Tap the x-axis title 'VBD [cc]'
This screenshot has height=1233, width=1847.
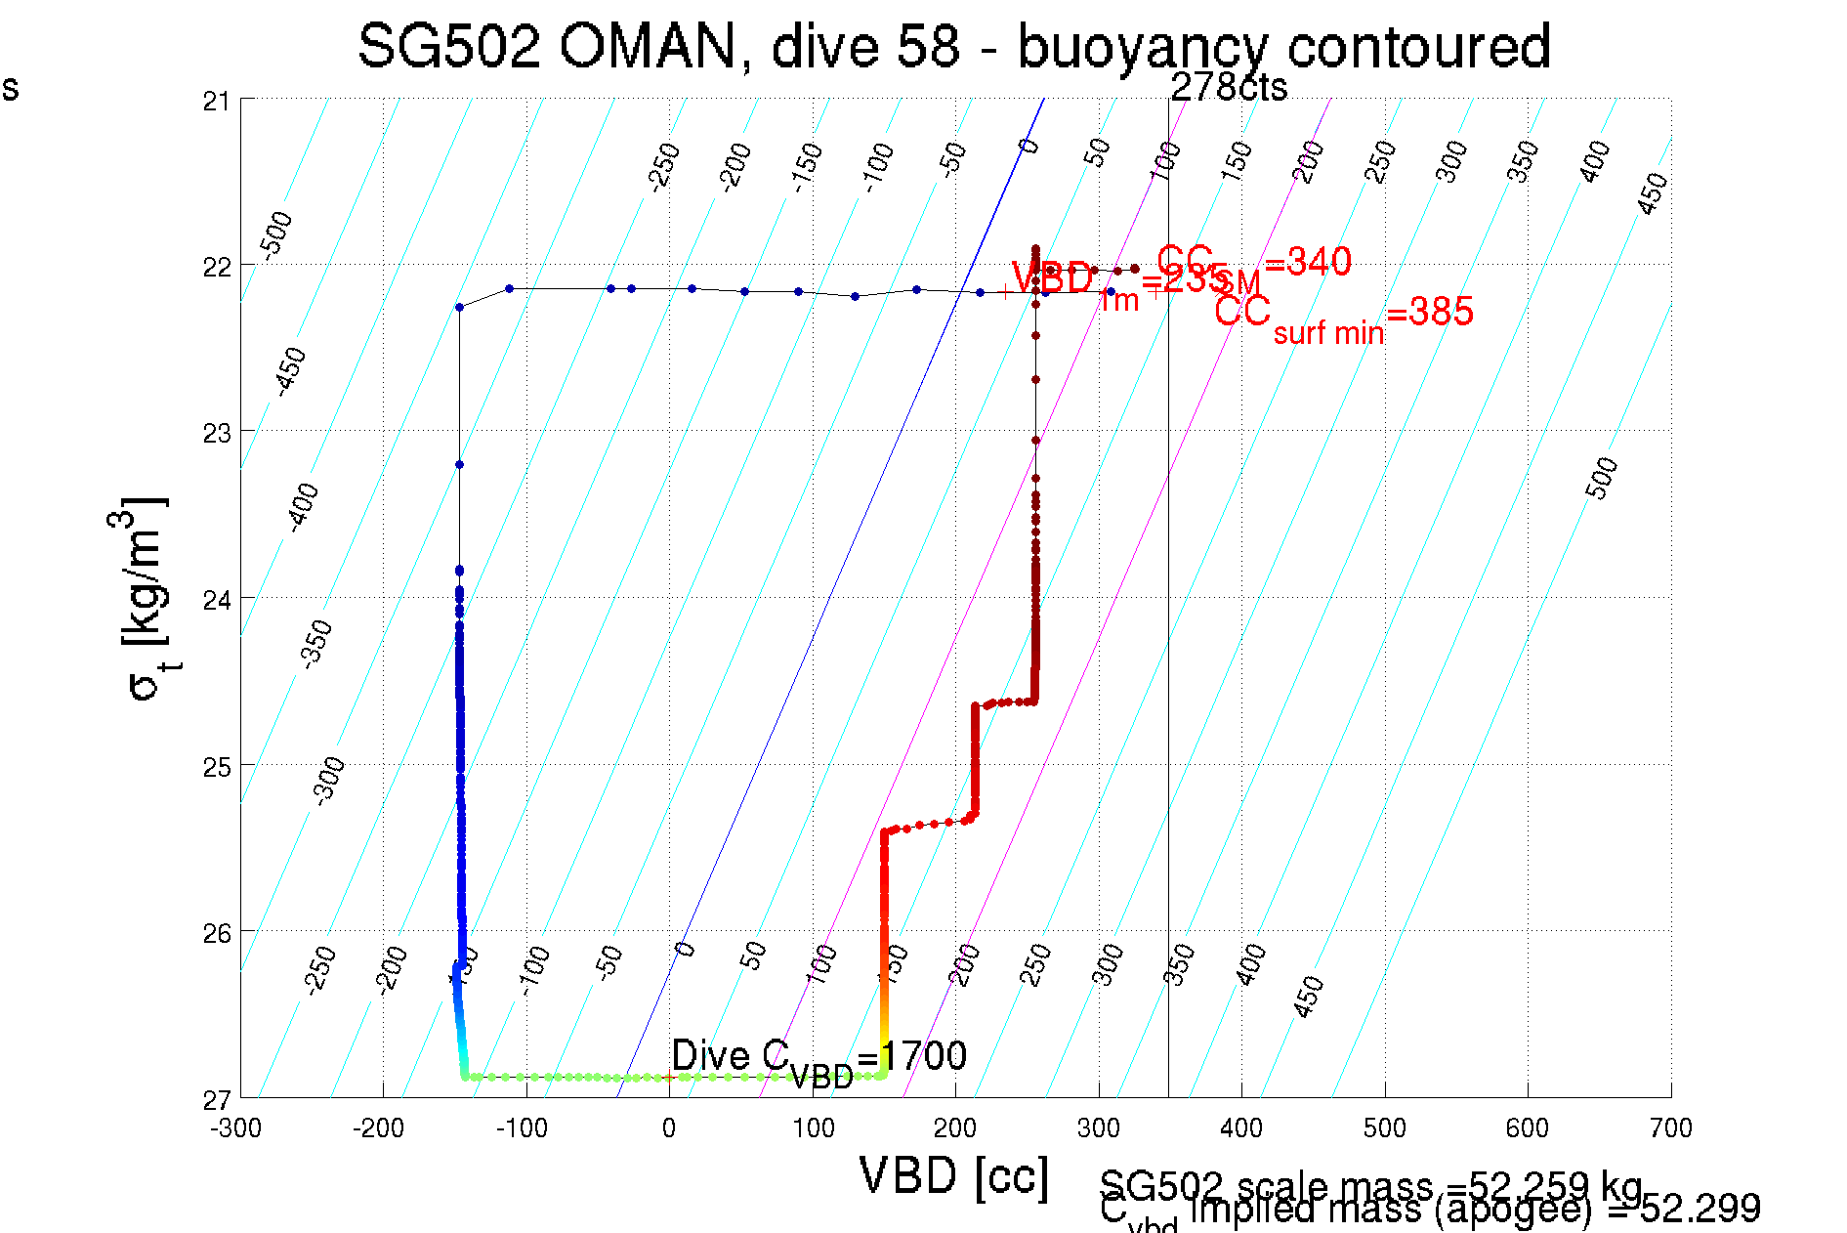point(953,1175)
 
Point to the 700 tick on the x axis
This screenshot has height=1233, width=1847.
point(1670,1128)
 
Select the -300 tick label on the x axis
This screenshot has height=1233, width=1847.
point(235,1128)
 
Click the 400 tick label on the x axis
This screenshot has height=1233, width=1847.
point(1240,1128)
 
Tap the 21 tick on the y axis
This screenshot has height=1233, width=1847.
point(217,101)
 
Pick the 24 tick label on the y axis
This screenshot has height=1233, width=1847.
point(217,599)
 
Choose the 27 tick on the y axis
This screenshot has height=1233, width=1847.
point(217,1100)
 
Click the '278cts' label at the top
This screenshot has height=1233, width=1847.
point(1229,88)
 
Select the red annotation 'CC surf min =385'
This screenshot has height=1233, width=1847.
point(1343,315)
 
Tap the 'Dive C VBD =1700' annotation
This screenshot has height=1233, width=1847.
point(819,1058)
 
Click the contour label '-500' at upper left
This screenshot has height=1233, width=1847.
point(276,234)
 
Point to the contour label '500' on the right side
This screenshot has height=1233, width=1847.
point(1601,478)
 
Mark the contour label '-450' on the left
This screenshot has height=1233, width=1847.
point(290,370)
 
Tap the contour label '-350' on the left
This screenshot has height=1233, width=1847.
point(316,643)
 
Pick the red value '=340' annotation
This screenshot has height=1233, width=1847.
point(1307,262)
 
